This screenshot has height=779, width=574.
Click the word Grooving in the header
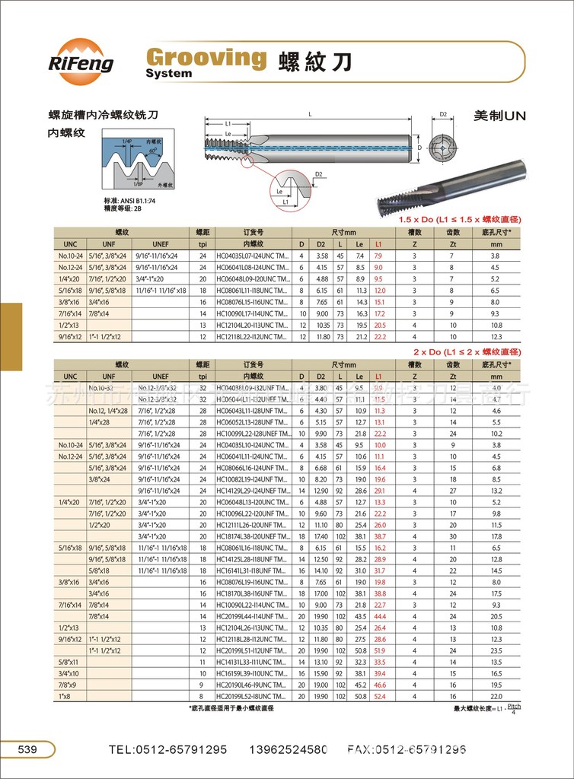[x=206, y=56]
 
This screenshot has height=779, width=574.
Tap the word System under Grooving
[x=169, y=74]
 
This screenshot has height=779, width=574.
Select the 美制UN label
[x=499, y=116]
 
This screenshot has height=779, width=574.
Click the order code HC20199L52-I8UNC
[x=252, y=696]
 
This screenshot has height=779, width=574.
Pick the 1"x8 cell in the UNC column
[x=69, y=696]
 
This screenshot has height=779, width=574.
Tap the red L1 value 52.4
[x=380, y=696]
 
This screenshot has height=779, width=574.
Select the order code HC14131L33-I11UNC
[x=252, y=662]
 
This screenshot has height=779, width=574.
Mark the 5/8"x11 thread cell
[x=69, y=662]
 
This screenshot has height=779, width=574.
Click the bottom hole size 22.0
[x=496, y=696]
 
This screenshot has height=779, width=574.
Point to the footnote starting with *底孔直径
[x=231, y=708]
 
